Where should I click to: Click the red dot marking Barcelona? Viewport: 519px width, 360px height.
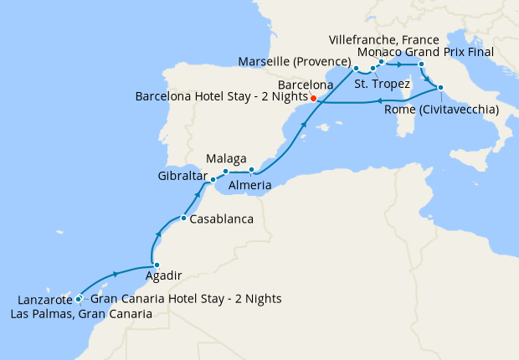pyautogui.click(x=313, y=98)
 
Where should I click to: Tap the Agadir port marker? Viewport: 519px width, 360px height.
pyautogui.click(x=157, y=265)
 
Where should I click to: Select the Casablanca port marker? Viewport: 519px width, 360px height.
pyautogui.click(x=183, y=219)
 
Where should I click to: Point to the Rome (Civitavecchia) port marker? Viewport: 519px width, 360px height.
pyautogui.click(x=439, y=87)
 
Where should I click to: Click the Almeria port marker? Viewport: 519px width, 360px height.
pyautogui.click(x=251, y=170)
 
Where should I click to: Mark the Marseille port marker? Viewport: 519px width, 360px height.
pyautogui.click(x=356, y=68)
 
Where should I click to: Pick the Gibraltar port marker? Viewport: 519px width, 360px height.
pyautogui.click(x=213, y=179)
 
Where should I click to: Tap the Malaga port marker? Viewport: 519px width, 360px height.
pyautogui.click(x=226, y=172)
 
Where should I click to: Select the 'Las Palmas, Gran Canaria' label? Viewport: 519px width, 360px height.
pyautogui.click(x=81, y=314)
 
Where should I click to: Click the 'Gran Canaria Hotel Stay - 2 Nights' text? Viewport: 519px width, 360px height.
pyautogui.click(x=185, y=299)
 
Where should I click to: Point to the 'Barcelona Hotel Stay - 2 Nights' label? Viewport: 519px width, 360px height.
pyautogui.click(x=221, y=97)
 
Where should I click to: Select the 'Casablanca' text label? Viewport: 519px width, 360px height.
pyautogui.click(x=221, y=219)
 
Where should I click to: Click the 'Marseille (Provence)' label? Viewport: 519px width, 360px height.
pyautogui.click(x=294, y=63)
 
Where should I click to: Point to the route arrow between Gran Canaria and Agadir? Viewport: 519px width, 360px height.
pyautogui.click(x=114, y=274)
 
